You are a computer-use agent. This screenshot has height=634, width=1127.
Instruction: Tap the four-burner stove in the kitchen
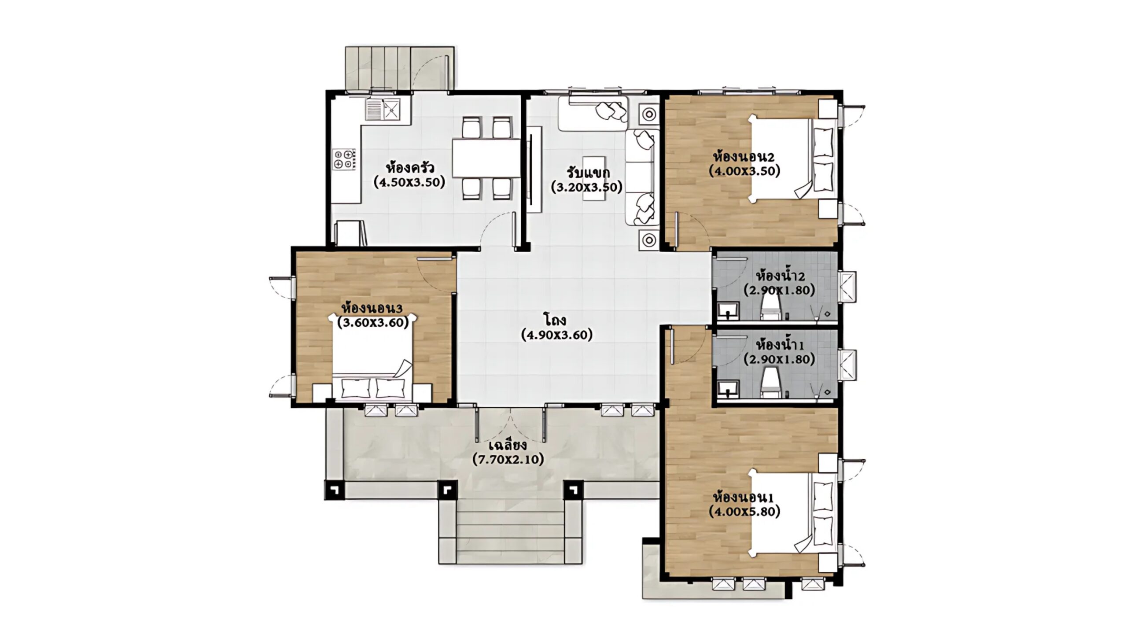pyautogui.click(x=343, y=159)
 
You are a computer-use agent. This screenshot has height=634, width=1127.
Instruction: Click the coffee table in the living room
pyautogui.click(x=594, y=177)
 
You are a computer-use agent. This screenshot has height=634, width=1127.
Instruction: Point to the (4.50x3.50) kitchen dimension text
pyautogui.click(x=409, y=182)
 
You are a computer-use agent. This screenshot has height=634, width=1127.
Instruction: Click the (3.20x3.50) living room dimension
pyautogui.click(x=587, y=187)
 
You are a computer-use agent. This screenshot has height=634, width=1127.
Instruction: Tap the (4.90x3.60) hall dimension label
pyautogui.click(x=557, y=335)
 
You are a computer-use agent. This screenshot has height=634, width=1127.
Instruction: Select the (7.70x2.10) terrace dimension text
pyautogui.click(x=508, y=459)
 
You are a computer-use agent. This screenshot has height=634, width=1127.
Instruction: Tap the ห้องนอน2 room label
pyautogui.click(x=744, y=157)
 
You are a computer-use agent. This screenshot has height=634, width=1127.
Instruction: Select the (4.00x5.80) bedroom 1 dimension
pyautogui.click(x=744, y=511)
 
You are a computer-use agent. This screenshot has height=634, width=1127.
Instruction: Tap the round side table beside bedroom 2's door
pyautogui.click(x=649, y=240)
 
